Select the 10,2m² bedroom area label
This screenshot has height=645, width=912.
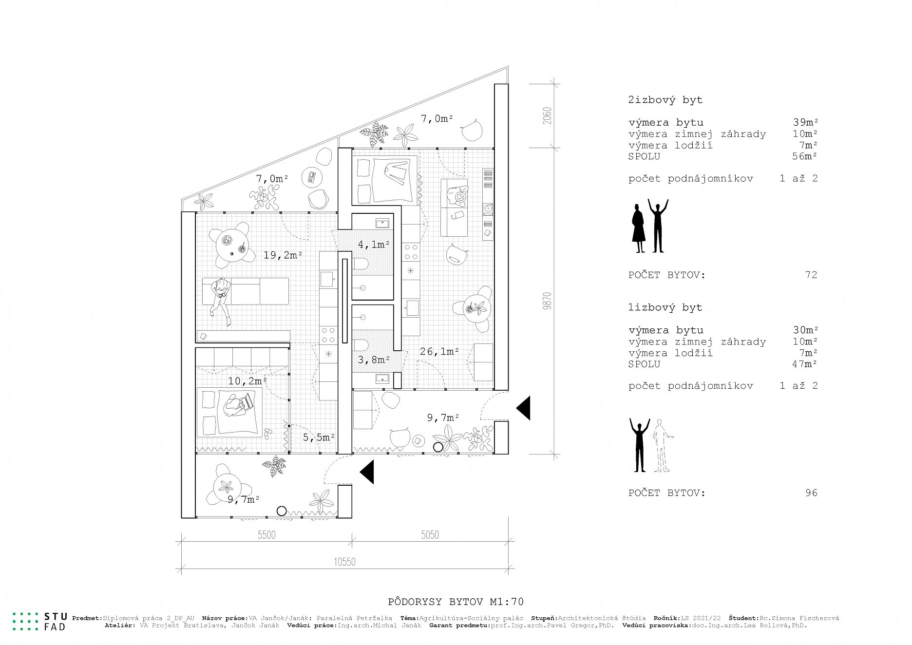[247, 381]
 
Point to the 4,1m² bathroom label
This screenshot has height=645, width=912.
[374, 244]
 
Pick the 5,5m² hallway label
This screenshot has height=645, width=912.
[319, 437]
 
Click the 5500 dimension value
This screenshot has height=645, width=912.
[266, 535]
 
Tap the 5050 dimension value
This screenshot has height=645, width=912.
[430, 535]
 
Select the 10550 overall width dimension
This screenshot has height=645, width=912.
[344, 562]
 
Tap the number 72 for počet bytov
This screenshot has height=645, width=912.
[811, 275]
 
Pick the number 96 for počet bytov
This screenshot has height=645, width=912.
[811, 493]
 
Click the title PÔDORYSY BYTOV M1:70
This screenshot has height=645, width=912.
[456, 602]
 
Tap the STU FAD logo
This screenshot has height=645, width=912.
[39, 621]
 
